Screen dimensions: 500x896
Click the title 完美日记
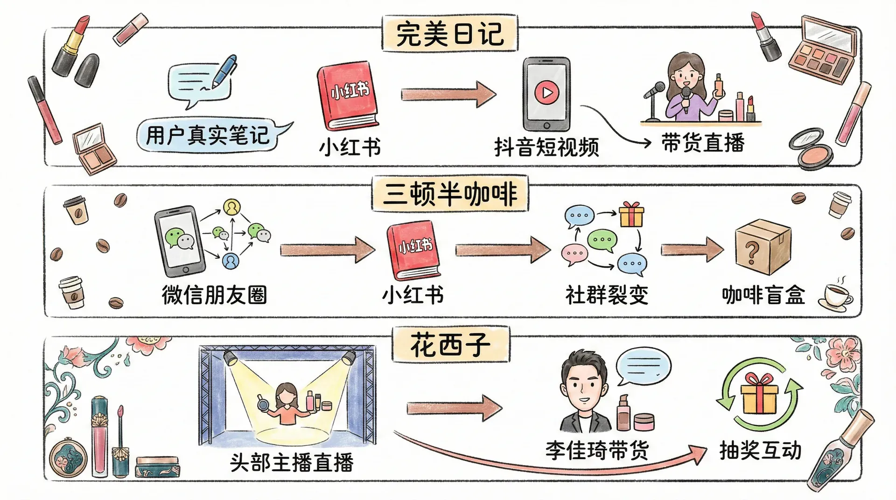450,34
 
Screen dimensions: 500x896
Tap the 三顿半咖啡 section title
450,194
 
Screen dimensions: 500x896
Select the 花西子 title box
450,346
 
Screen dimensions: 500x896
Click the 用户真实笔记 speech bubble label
208,135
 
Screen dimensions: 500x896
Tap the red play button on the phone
546,93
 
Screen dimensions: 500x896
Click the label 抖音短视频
546,147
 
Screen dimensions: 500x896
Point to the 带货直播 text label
703,143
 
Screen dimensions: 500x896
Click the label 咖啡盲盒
763,295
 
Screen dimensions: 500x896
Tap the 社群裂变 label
607,295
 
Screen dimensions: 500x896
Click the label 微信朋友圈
214,295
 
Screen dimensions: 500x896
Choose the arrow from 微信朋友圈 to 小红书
327,250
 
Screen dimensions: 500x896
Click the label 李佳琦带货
597,451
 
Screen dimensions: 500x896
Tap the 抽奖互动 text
760,451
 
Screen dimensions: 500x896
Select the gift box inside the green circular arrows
759,395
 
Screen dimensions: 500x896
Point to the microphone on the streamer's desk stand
656,89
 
